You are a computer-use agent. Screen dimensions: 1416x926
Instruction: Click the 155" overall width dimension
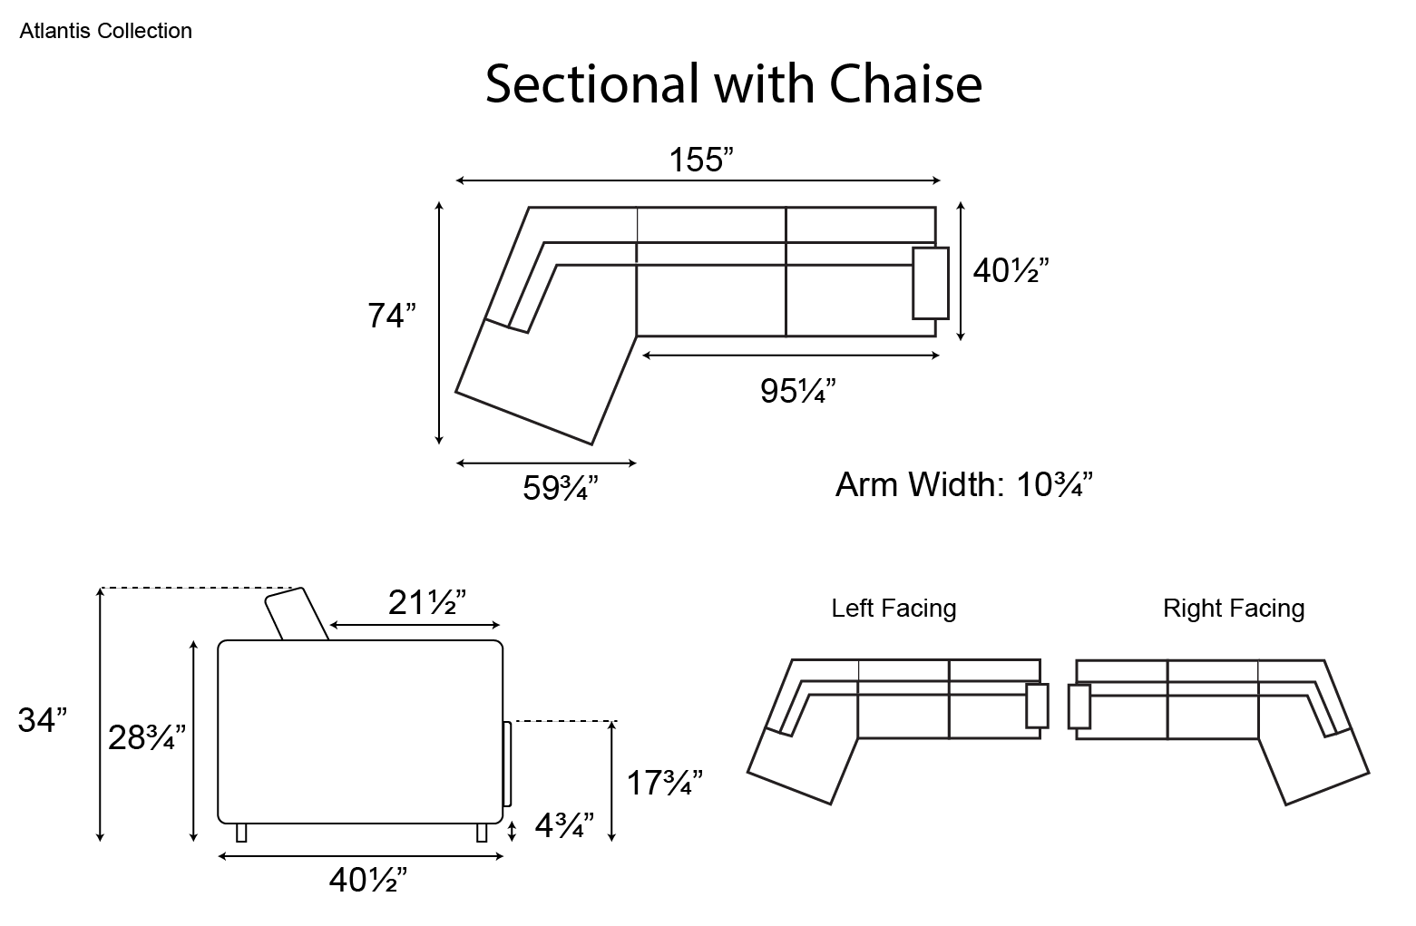[701, 160]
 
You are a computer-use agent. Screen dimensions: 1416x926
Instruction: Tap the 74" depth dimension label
[392, 316]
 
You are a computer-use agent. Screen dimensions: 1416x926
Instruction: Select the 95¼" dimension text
[797, 391]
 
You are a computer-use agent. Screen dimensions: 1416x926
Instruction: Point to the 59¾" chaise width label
[560, 487]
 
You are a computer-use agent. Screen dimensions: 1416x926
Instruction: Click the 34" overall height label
[43, 720]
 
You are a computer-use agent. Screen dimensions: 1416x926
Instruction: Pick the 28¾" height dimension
[147, 737]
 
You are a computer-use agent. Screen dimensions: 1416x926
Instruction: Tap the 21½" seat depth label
[426, 602]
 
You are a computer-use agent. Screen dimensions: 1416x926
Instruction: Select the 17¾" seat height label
[664, 783]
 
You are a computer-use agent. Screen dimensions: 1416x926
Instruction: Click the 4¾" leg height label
[564, 824]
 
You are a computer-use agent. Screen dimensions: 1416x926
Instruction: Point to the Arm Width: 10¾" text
[964, 485]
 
